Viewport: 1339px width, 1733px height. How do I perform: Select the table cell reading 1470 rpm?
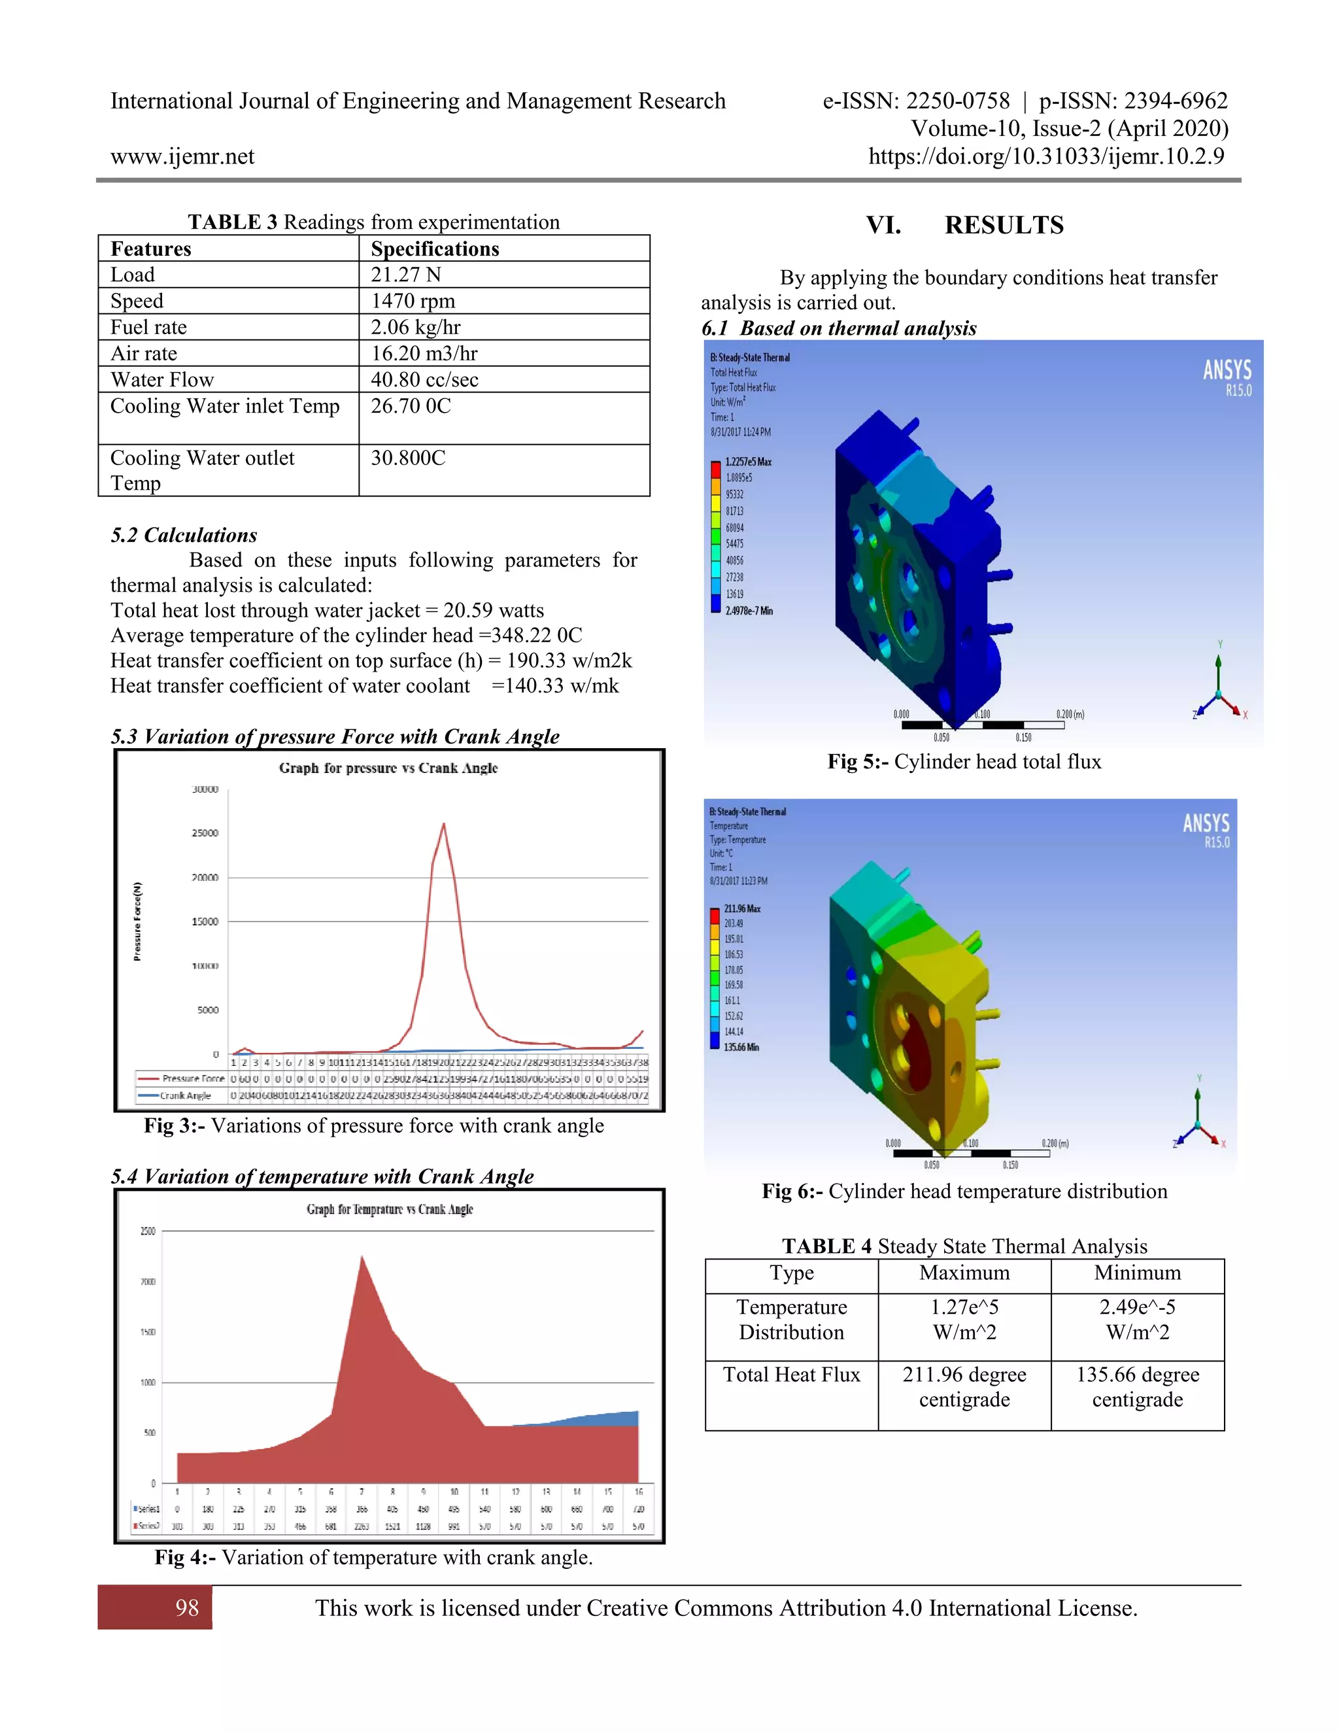click(413, 301)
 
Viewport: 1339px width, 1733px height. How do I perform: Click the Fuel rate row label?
click(148, 327)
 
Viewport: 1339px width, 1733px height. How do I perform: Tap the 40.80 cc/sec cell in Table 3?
click(424, 379)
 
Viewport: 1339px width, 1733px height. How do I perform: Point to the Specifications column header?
click(435, 249)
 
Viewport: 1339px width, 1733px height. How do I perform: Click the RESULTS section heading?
click(1004, 226)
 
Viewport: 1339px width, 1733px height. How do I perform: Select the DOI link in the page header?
click(1046, 156)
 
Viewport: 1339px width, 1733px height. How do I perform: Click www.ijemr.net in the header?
click(182, 156)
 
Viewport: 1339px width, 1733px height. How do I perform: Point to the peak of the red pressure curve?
click(443, 825)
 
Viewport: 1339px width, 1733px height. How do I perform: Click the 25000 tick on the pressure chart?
click(205, 832)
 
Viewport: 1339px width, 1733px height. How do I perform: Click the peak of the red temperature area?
click(362, 1257)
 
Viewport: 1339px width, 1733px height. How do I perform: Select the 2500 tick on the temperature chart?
click(148, 1231)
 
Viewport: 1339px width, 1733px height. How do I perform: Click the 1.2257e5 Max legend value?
click(748, 461)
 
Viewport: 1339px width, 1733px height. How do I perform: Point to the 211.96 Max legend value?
click(741, 908)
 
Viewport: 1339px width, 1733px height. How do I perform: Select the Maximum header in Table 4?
click(964, 1273)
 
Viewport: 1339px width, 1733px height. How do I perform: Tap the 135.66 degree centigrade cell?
click(1137, 1386)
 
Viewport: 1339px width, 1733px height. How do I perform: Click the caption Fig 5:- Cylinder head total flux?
click(964, 762)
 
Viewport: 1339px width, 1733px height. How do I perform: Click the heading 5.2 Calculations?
click(184, 535)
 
